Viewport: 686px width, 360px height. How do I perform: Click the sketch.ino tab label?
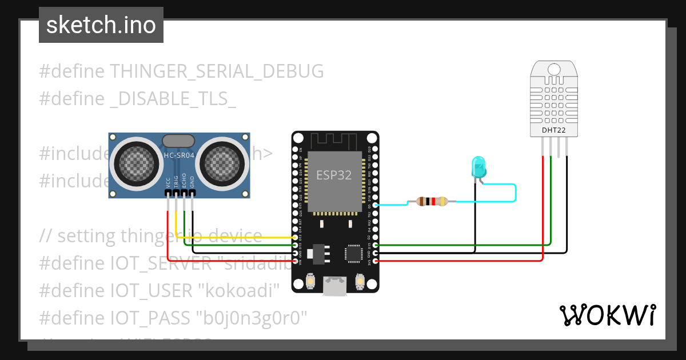pyautogui.click(x=101, y=25)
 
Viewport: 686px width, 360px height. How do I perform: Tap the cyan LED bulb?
pyautogui.click(x=478, y=167)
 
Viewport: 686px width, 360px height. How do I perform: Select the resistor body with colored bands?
pyautogui.click(x=432, y=201)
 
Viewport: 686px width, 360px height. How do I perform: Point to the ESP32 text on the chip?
pyautogui.click(x=334, y=175)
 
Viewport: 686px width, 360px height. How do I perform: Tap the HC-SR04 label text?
pyautogui.click(x=178, y=155)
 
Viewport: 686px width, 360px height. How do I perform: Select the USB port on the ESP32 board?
pyautogui.click(x=335, y=286)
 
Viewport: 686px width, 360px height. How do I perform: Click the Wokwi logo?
pyautogui.click(x=607, y=315)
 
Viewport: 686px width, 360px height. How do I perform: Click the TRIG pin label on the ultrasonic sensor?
pyautogui.click(x=176, y=181)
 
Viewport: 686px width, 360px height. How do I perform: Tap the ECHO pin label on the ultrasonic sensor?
pyautogui.click(x=184, y=181)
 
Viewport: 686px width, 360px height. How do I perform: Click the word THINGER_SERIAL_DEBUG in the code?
pyautogui.click(x=217, y=71)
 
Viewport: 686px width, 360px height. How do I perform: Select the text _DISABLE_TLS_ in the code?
pyautogui.click(x=173, y=98)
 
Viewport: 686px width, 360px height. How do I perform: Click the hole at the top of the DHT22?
pyautogui.click(x=554, y=69)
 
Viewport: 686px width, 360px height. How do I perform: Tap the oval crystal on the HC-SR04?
pyautogui.click(x=178, y=141)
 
